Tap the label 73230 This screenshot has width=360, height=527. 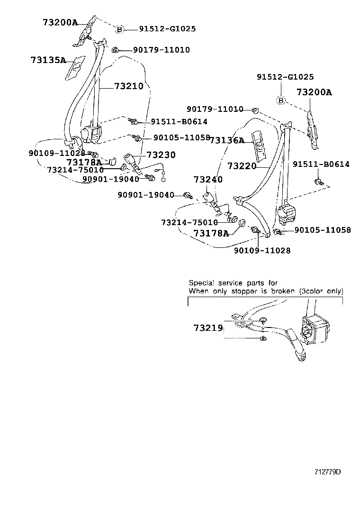click(x=161, y=154)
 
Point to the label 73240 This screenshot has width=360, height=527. click(x=207, y=180)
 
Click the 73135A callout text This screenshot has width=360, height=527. click(x=48, y=60)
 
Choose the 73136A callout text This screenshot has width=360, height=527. click(x=227, y=140)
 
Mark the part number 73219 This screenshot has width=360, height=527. click(x=207, y=327)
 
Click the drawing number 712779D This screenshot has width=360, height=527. click(x=327, y=472)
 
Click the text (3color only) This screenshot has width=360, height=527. click(x=321, y=291)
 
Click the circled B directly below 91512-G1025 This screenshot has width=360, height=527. click(x=281, y=100)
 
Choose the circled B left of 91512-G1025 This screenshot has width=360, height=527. click(x=120, y=29)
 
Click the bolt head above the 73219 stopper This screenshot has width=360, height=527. click(x=263, y=319)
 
